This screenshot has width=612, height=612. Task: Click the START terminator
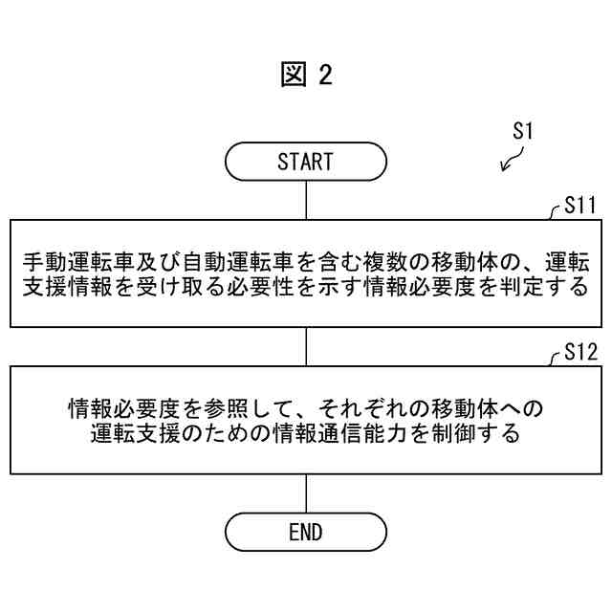pyautogui.click(x=305, y=162)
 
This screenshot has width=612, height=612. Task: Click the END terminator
pyautogui.click(x=305, y=533)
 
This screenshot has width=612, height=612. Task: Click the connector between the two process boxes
pyautogui.click(x=305, y=345)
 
